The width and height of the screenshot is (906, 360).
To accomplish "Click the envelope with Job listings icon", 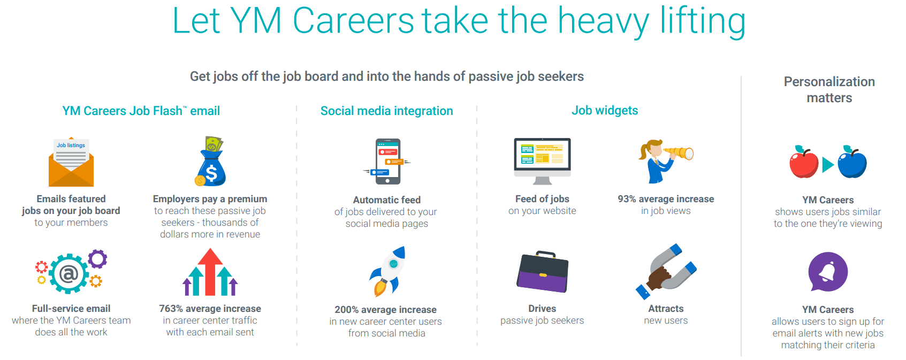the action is [x=71, y=162].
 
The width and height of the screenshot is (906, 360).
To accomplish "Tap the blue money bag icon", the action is [x=210, y=162].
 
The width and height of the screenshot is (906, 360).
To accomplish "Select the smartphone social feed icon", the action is [x=387, y=162].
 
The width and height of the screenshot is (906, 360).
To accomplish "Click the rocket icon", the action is [x=387, y=271].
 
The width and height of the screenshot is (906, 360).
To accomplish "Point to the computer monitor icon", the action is [x=542, y=161].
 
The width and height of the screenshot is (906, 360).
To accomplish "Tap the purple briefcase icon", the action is [x=543, y=272].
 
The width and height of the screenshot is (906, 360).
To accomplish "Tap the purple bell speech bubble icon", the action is [x=828, y=272].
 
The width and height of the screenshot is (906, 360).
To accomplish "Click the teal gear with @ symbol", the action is [x=68, y=274].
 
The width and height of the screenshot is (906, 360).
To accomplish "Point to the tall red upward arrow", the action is [x=210, y=272].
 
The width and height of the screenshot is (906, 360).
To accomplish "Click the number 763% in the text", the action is [x=171, y=309].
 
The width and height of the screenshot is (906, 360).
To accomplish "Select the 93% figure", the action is [x=627, y=199].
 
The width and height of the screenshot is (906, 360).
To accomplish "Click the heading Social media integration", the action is [x=387, y=111].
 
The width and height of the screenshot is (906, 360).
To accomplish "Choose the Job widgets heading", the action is [x=605, y=110].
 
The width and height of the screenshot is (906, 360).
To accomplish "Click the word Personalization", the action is [x=829, y=82].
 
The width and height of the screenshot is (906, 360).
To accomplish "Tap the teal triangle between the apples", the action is [x=827, y=164].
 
